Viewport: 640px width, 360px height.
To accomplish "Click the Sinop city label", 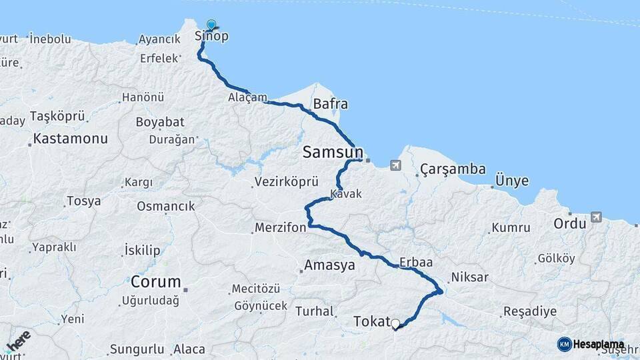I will [x=211, y=37].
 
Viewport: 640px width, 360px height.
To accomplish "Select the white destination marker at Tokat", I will [x=395, y=324].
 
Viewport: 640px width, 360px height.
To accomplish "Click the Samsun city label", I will [x=333, y=151].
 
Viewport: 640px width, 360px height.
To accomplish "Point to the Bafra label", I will [x=330, y=105].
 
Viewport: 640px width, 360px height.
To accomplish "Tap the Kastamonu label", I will [x=70, y=139].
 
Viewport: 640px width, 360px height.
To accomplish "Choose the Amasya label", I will [x=329, y=265].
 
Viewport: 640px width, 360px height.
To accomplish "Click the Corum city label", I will [x=155, y=281].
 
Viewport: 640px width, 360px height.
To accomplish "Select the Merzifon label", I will [x=280, y=228].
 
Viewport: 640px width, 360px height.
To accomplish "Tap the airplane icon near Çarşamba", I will [x=397, y=165].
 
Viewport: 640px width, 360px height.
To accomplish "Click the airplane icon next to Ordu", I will [x=595, y=217].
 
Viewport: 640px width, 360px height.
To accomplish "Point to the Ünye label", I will [x=512, y=181].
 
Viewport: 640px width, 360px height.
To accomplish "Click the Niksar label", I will [x=469, y=277].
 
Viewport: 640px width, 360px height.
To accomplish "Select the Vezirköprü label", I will [x=287, y=182].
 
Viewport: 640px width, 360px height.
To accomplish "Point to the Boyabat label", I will [x=160, y=123].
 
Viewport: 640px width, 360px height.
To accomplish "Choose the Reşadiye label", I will [x=529, y=311].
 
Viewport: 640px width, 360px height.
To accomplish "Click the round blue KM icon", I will [x=565, y=345].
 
